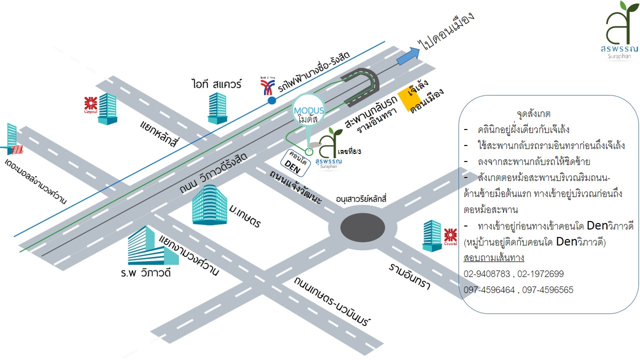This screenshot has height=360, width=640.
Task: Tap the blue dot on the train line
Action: tap(271, 100)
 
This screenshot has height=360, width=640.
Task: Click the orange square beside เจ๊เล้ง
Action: tap(406, 98)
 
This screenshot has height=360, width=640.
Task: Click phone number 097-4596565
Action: tap(548, 290)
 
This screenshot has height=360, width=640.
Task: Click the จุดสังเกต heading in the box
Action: tap(533, 114)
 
